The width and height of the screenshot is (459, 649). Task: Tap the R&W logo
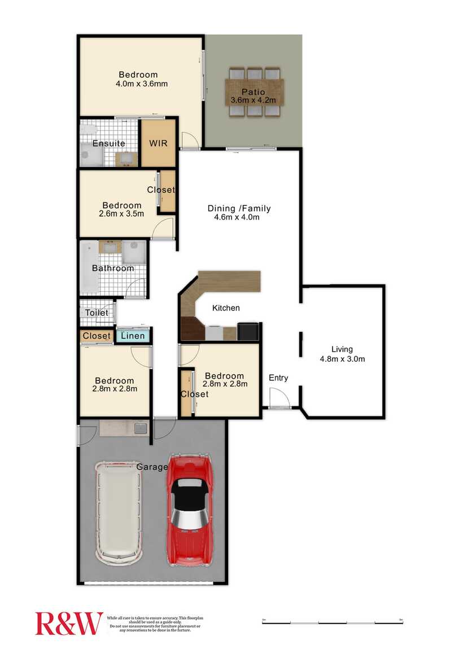click(x=69, y=623)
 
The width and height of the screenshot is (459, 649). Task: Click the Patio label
click(x=253, y=93)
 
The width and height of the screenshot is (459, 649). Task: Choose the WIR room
click(x=158, y=143)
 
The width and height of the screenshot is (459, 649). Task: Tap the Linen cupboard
click(x=133, y=336)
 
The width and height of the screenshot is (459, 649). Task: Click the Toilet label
click(x=97, y=313)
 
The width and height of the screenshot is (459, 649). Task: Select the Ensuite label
click(x=108, y=143)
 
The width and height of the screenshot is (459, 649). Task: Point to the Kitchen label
click(x=226, y=308)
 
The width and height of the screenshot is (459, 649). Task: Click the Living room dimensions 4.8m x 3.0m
click(x=342, y=358)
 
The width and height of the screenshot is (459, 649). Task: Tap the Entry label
click(x=278, y=378)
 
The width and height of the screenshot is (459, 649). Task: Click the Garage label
click(x=152, y=467)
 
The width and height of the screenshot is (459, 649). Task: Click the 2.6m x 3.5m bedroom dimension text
click(x=122, y=214)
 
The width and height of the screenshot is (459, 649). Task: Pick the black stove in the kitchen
click(x=248, y=331)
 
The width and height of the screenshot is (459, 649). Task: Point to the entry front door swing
click(x=278, y=400)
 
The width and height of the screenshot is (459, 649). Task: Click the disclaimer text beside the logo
click(x=155, y=624)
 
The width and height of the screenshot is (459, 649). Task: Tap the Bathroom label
click(x=113, y=268)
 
